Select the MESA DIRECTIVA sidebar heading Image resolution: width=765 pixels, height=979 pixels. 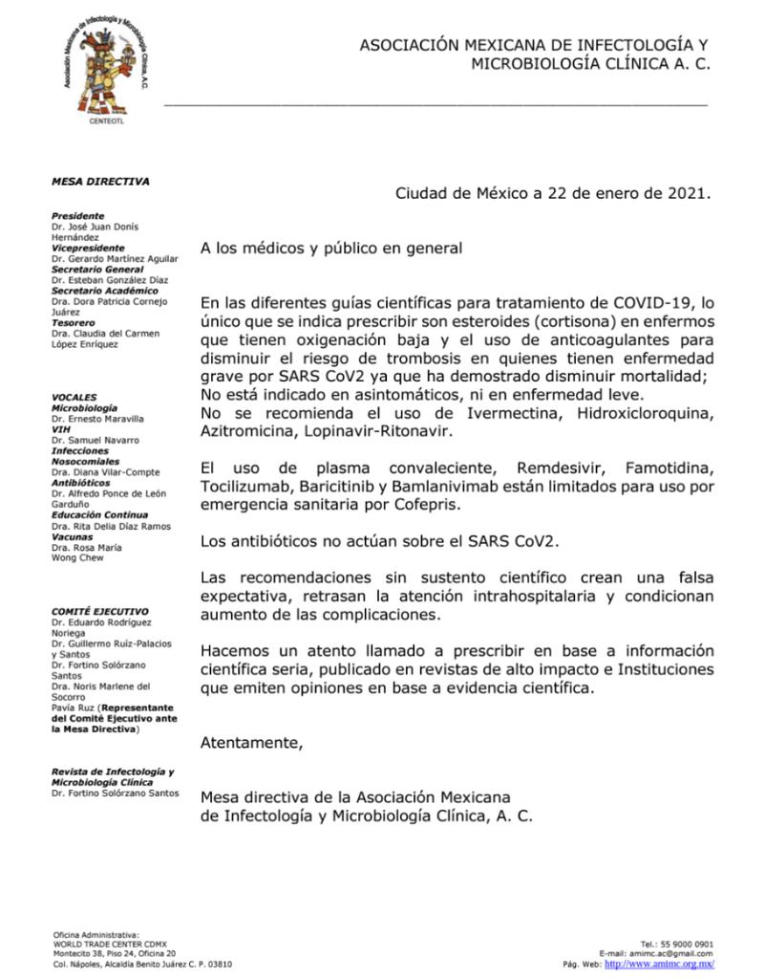click(x=100, y=181)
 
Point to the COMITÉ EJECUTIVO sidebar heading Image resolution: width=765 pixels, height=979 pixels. click(x=99, y=611)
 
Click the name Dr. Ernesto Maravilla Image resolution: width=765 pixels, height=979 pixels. click(x=97, y=419)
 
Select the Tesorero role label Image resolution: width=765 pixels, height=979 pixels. click(x=73, y=322)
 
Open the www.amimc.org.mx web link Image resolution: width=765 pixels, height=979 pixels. click(x=660, y=964)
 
